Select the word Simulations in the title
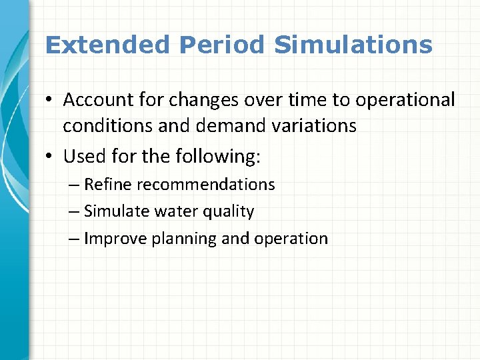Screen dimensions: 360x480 tap(353, 45)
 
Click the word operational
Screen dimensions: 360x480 tap(405, 100)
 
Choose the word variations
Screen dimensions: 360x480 tap(312, 126)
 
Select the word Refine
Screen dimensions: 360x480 tap(109, 185)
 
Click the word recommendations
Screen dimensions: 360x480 tap(206, 185)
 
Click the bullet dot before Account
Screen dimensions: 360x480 tap(51, 100)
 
